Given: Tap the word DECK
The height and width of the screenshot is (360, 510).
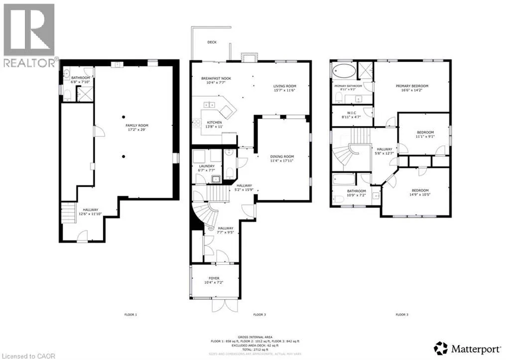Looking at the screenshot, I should tap(212, 42).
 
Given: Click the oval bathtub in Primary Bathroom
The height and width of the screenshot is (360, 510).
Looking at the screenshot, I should tap(343, 69).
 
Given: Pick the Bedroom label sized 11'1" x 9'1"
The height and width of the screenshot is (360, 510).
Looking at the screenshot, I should tap(425, 134).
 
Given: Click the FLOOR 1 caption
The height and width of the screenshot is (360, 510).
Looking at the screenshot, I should tap(130, 315).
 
